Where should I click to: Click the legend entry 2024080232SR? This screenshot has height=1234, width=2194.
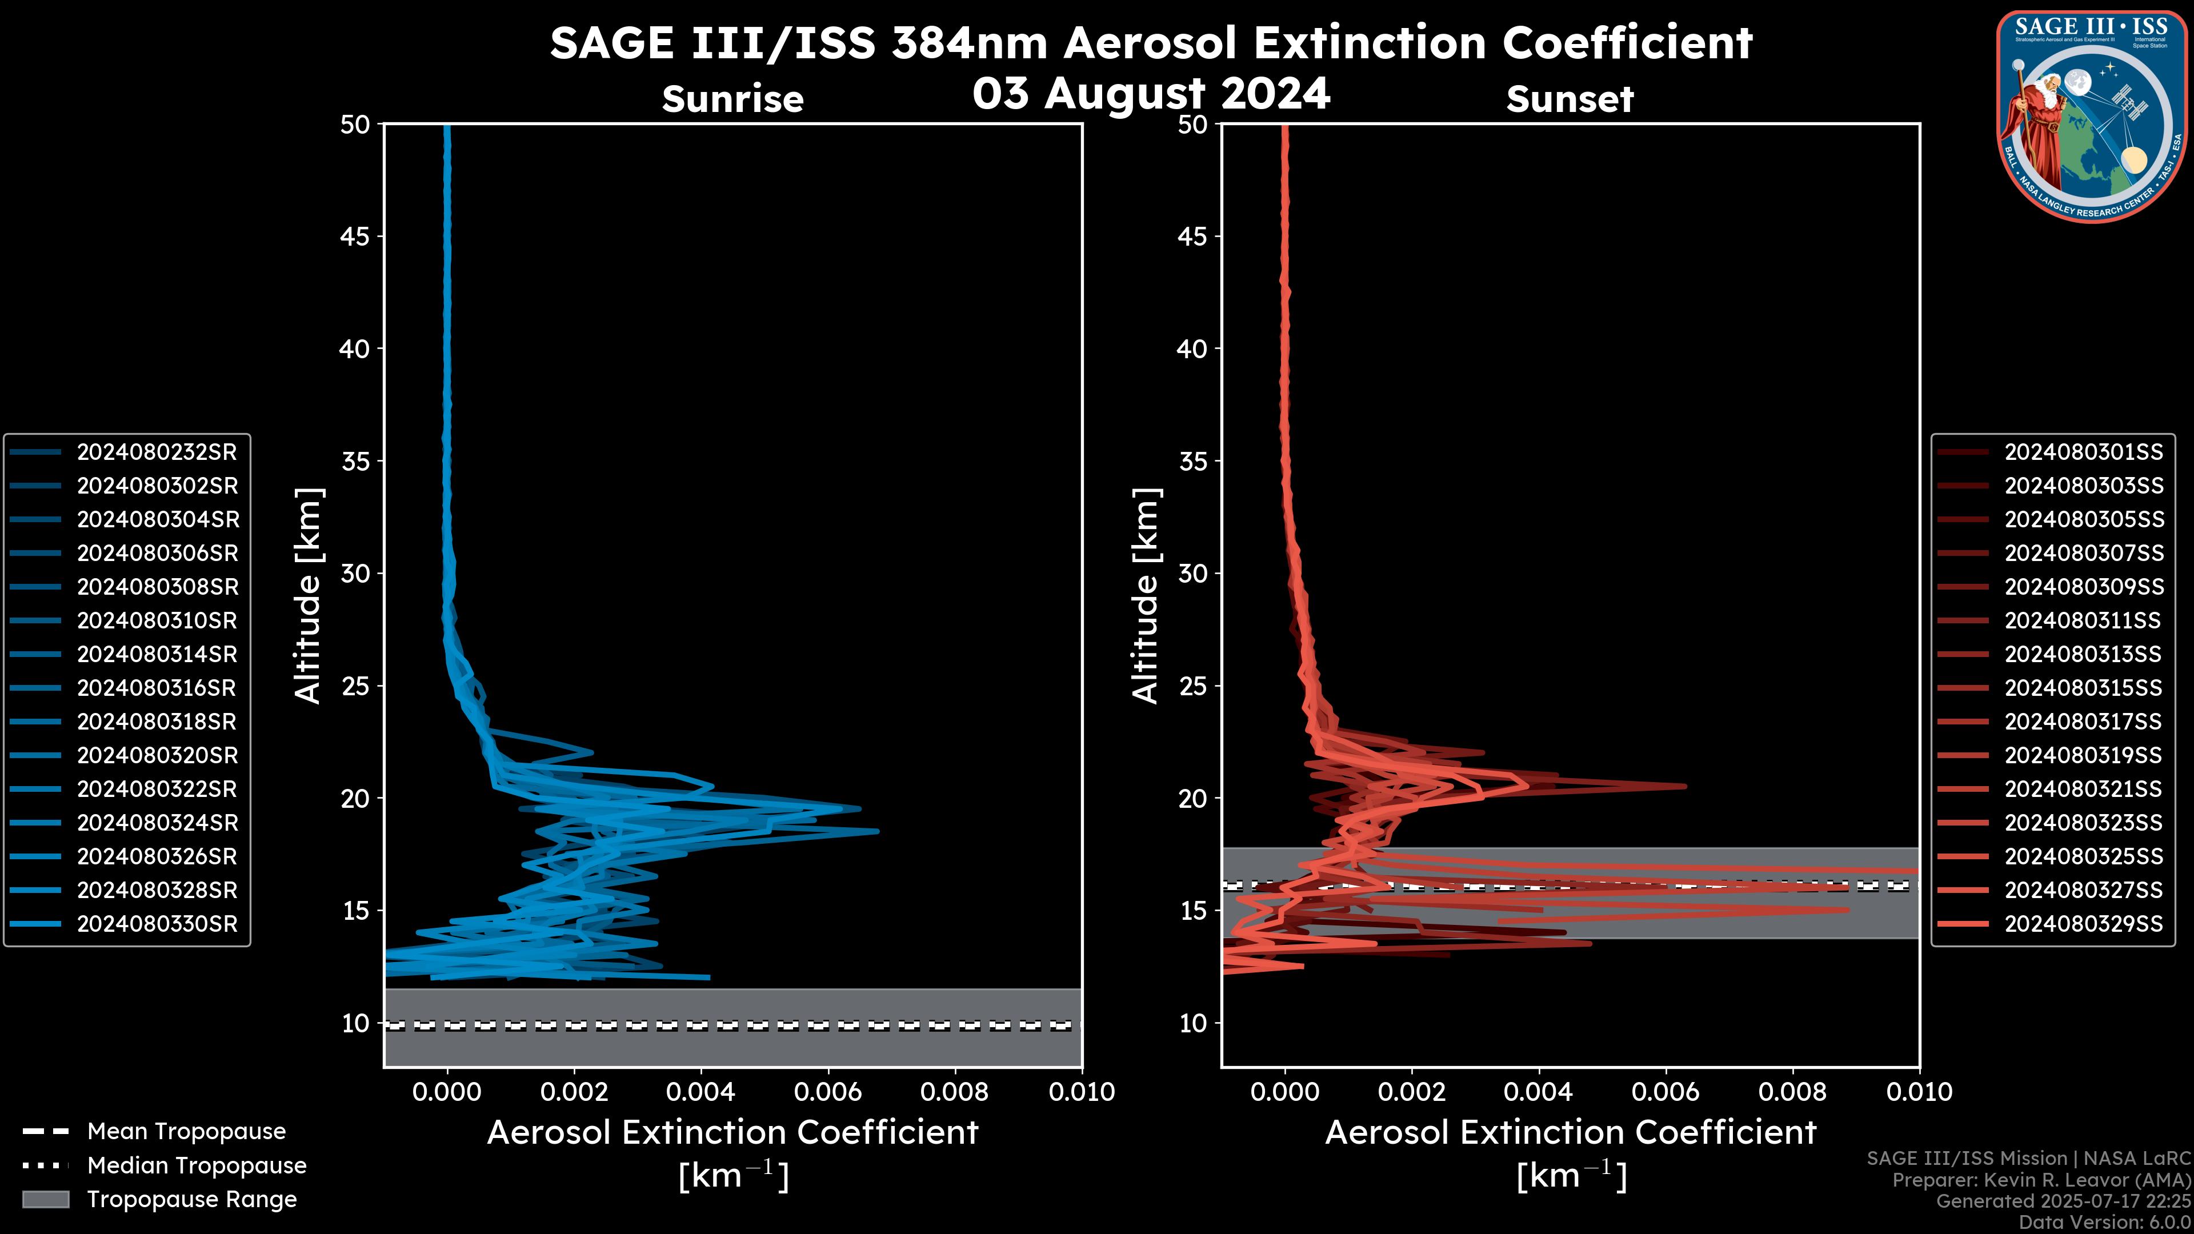(157, 452)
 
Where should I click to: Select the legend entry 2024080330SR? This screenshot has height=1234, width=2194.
(157, 924)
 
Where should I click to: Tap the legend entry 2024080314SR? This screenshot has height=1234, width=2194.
(157, 654)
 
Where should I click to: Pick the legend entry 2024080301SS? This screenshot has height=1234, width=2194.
(2083, 452)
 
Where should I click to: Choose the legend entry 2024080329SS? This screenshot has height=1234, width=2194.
(2083, 924)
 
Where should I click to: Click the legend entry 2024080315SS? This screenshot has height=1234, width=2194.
(2083, 688)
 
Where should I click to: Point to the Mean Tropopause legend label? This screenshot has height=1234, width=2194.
(186, 1132)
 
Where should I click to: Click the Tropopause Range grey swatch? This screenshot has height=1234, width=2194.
(46, 1199)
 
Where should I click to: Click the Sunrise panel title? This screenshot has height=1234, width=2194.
(732, 99)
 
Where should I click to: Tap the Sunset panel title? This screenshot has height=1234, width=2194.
(1570, 99)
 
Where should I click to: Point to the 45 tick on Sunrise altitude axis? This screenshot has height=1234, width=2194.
(356, 237)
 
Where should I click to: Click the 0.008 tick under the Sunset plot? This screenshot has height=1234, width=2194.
(1793, 1092)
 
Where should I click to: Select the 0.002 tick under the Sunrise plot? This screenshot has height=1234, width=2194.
(574, 1092)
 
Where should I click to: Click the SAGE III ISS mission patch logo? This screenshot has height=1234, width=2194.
(2091, 116)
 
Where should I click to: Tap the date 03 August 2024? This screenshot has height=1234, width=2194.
(1151, 94)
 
